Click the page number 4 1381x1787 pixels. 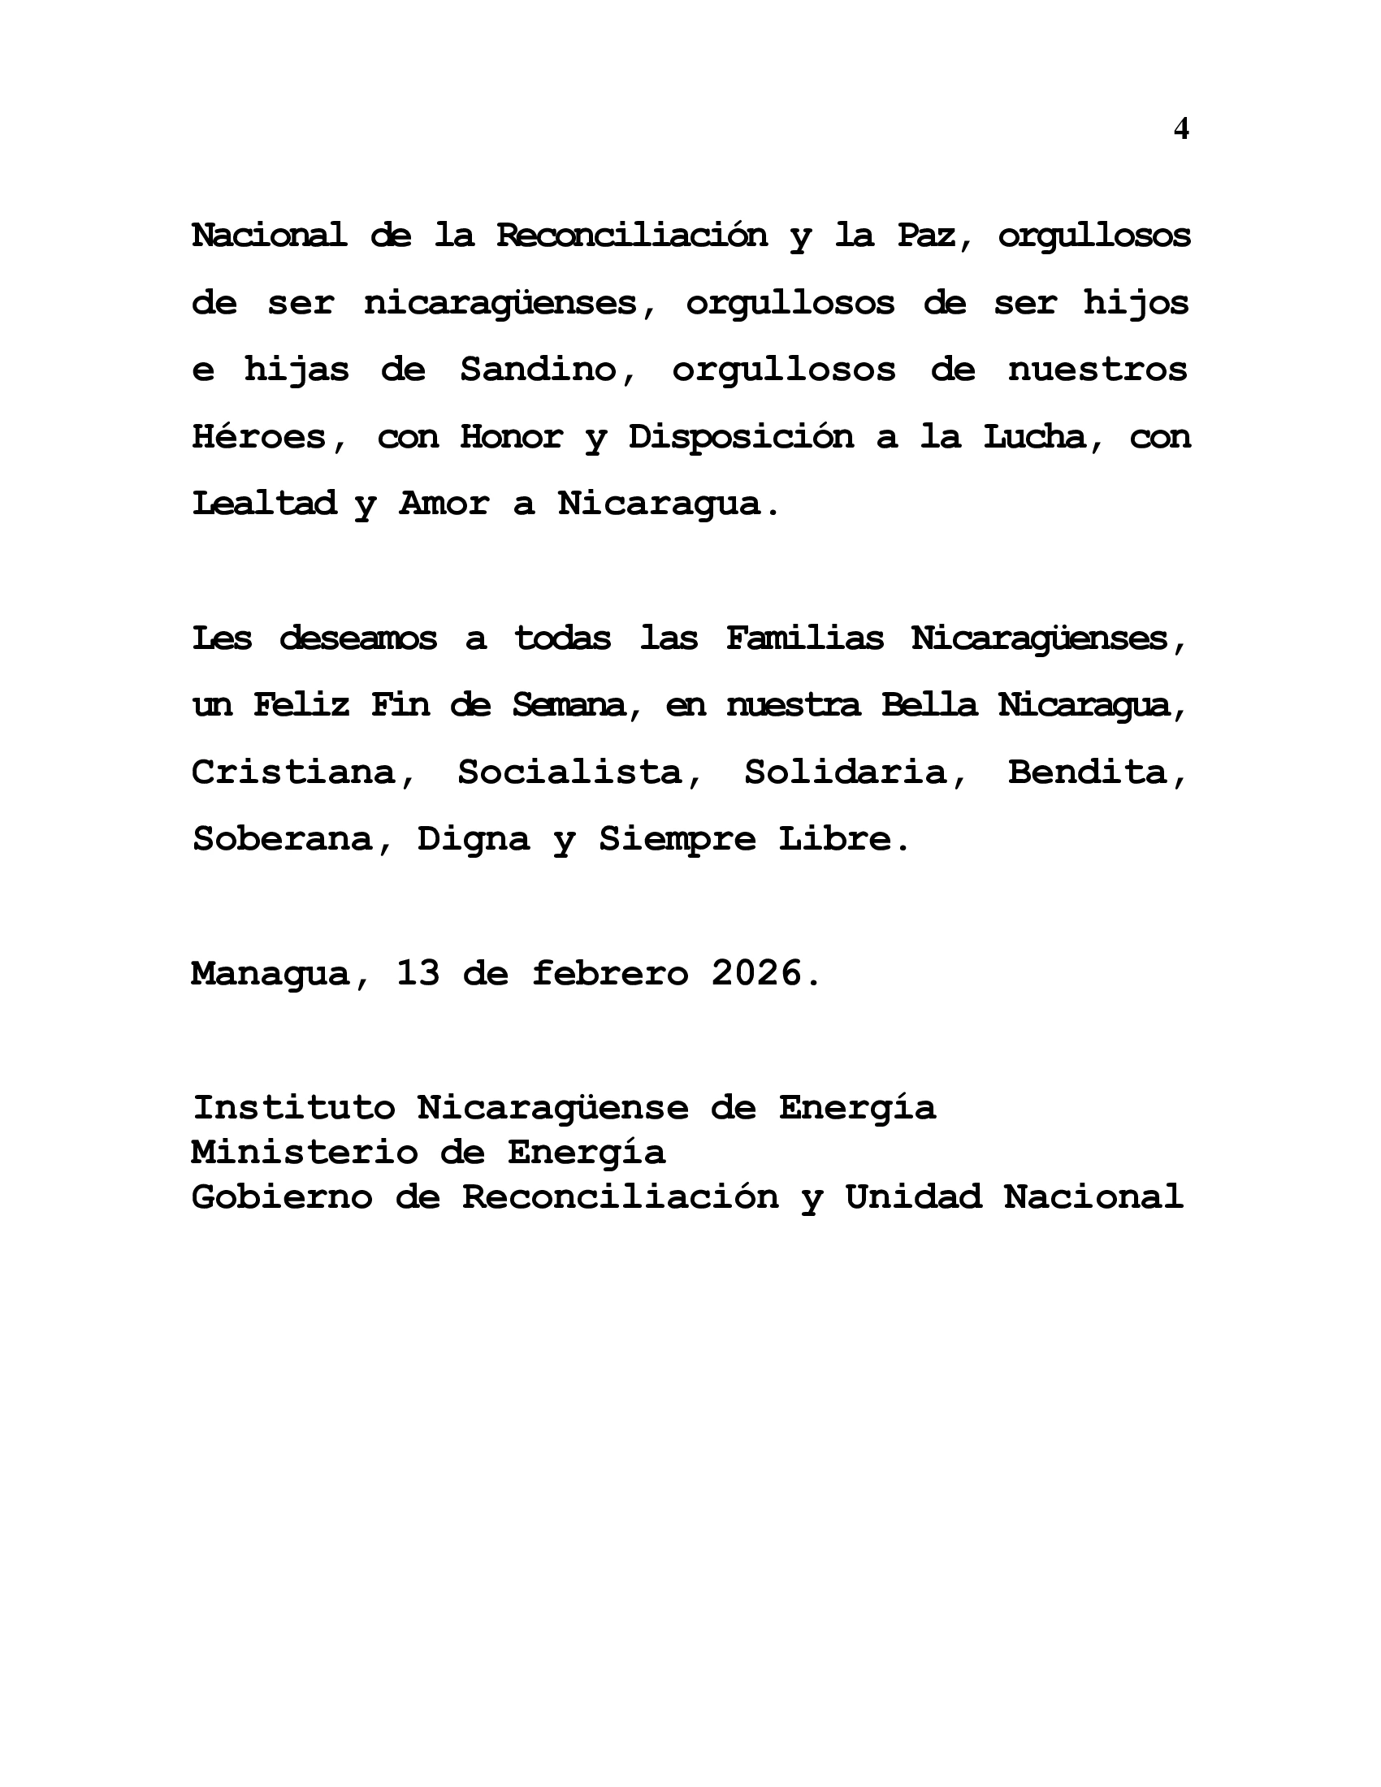click(1180, 129)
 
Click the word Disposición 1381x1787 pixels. click(740, 438)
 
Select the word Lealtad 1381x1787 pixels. click(263, 504)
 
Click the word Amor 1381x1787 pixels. click(444, 504)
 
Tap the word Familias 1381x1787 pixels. click(805, 638)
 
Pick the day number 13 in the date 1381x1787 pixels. click(418, 974)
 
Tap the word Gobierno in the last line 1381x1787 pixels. click(282, 1197)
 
